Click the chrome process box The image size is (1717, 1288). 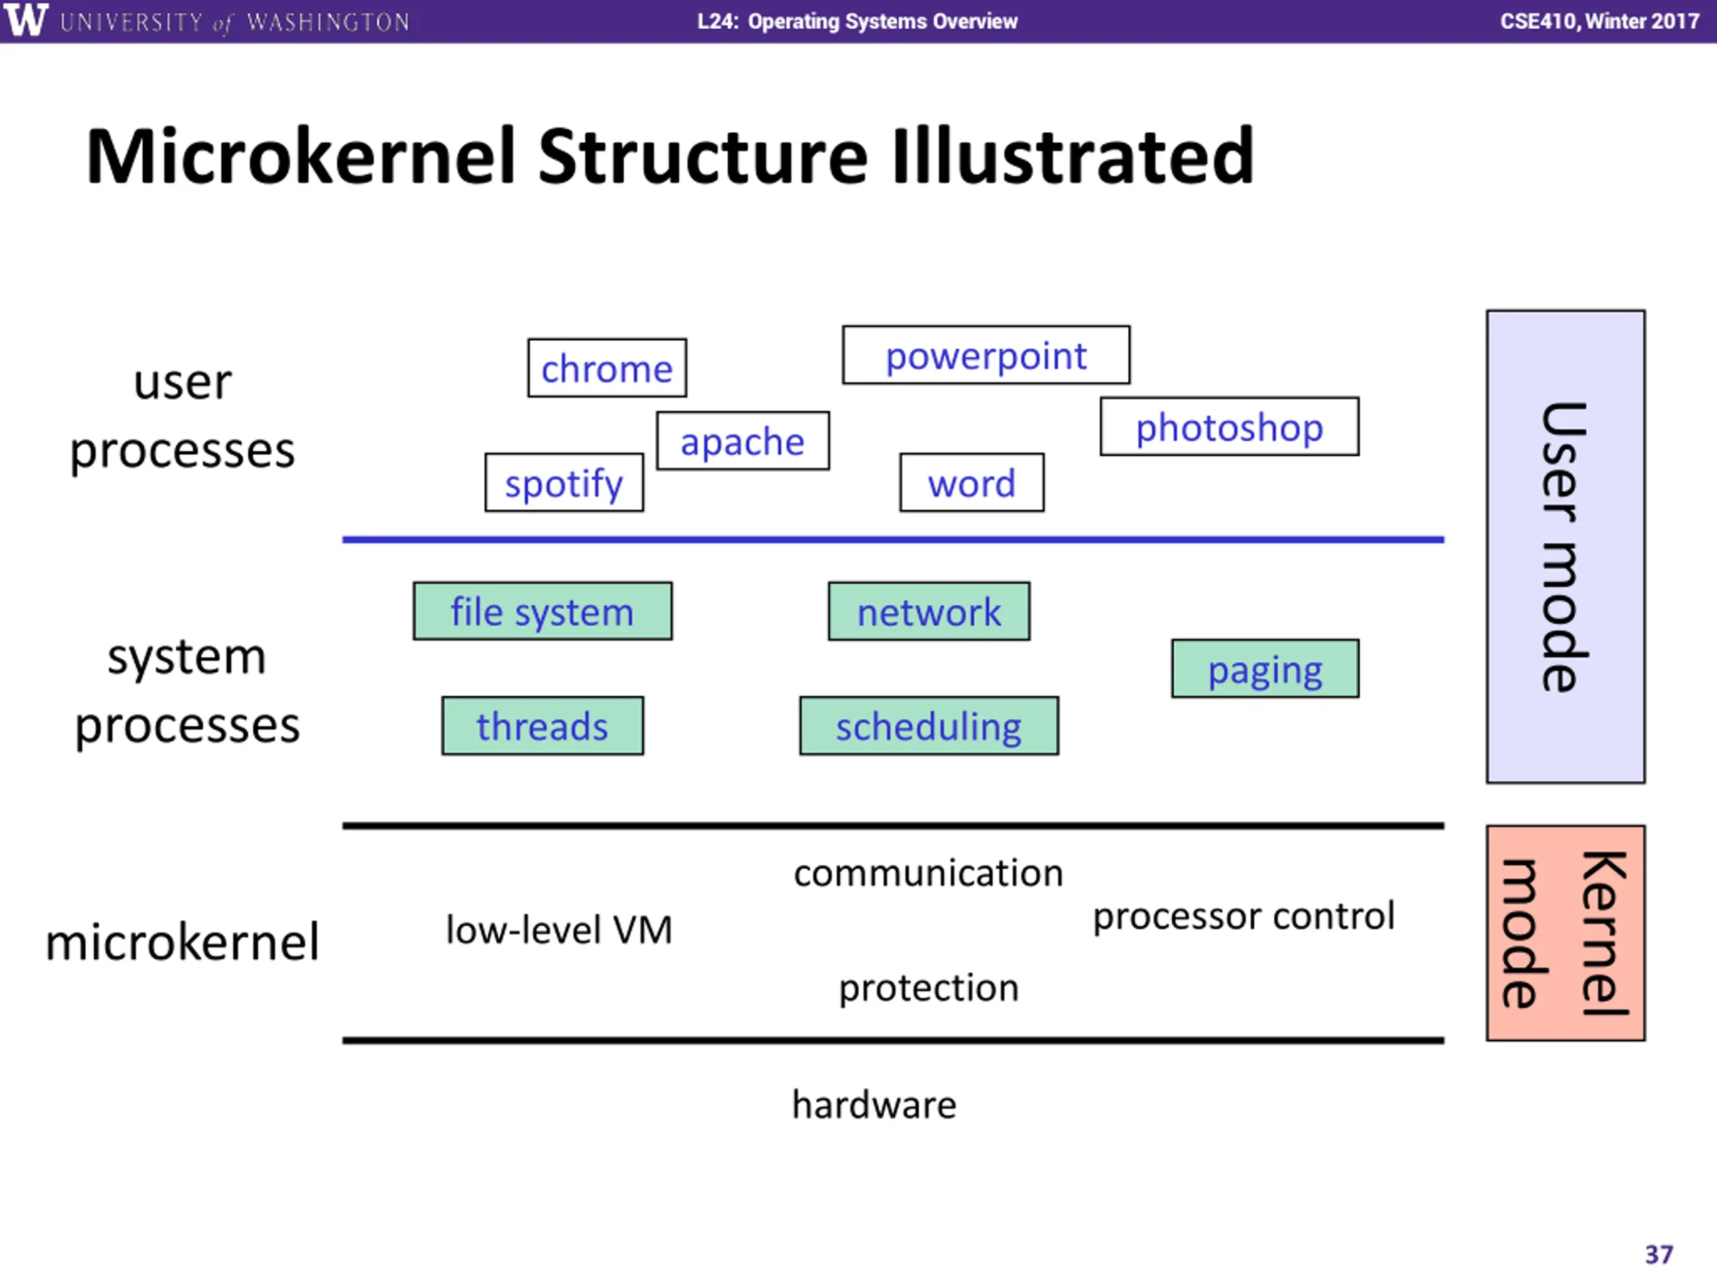pyautogui.click(x=607, y=368)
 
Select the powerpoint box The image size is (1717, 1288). pyautogui.click(x=986, y=355)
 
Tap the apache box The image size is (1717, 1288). pyautogui.click(x=743, y=441)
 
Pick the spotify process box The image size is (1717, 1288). pyautogui.click(x=564, y=482)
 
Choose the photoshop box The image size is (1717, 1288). pyautogui.click(x=1229, y=426)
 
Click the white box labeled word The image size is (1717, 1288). pyautogui.click(x=972, y=482)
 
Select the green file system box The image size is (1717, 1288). pyautogui.click(x=543, y=611)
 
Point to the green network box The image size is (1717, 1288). pyautogui.click(x=929, y=611)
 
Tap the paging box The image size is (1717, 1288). pyautogui.click(x=1265, y=668)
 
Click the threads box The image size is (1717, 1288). pyautogui.click(x=543, y=725)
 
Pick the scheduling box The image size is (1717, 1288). pyautogui.click(x=929, y=725)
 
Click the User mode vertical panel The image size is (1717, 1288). pyautogui.click(x=1565, y=547)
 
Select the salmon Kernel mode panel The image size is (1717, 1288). pyautogui.click(x=1565, y=932)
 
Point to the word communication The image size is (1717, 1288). pyautogui.click(x=928, y=873)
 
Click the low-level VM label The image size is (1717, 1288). pyautogui.click(x=559, y=929)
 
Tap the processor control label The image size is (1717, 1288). pyautogui.click(x=1243, y=916)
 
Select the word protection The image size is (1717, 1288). pyautogui.click(x=929, y=988)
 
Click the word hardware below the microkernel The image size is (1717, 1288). pyautogui.click(x=874, y=1104)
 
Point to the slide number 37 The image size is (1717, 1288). pyautogui.click(x=1659, y=1254)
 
